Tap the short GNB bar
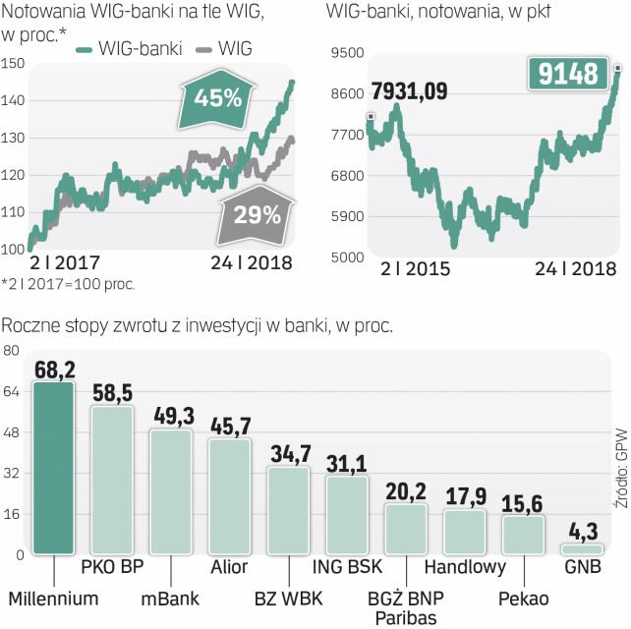click(x=581, y=549)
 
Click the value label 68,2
click(x=54, y=371)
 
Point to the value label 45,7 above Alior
click(x=229, y=428)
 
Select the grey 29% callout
click(x=258, y=213)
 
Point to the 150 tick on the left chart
click(x=13, y=64)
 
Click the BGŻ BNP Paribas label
click(x=405, y=606)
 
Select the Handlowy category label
click(x=465, y=567)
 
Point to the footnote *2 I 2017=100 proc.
click(x=69, y=284)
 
